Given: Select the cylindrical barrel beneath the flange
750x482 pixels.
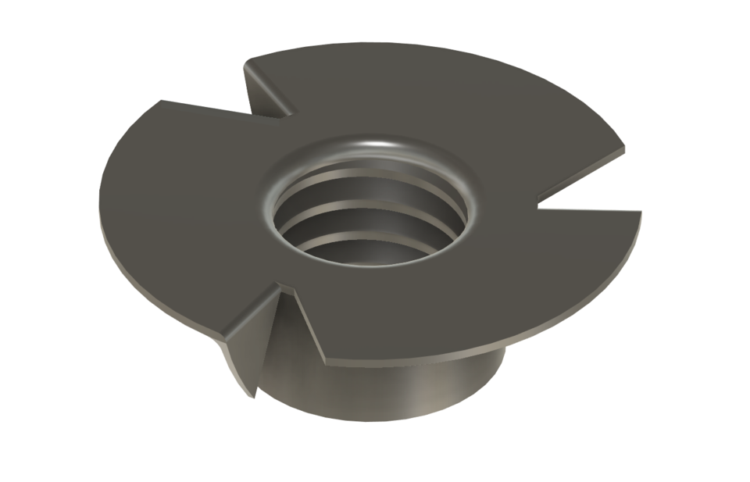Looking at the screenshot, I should [x=391, y=391].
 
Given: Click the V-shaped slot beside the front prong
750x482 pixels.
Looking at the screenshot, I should [x=301, y=328].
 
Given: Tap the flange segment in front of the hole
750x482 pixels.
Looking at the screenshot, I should [x=437, y=312].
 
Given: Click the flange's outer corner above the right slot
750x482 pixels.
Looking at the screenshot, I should [x=625, y=148].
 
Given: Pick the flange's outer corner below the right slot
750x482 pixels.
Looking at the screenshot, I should [x=641, y=212].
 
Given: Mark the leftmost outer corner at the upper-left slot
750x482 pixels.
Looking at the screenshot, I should [x=161, y=101].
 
